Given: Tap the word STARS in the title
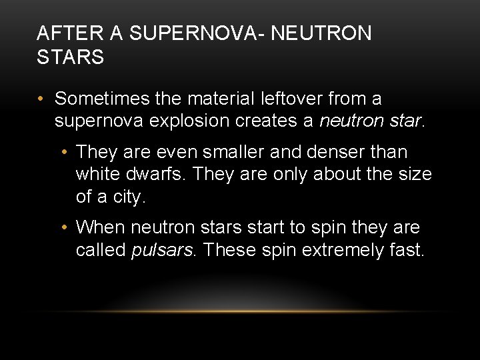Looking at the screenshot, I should point(70,57).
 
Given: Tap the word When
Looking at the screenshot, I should point(100,228).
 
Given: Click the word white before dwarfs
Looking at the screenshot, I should point(97,175).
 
